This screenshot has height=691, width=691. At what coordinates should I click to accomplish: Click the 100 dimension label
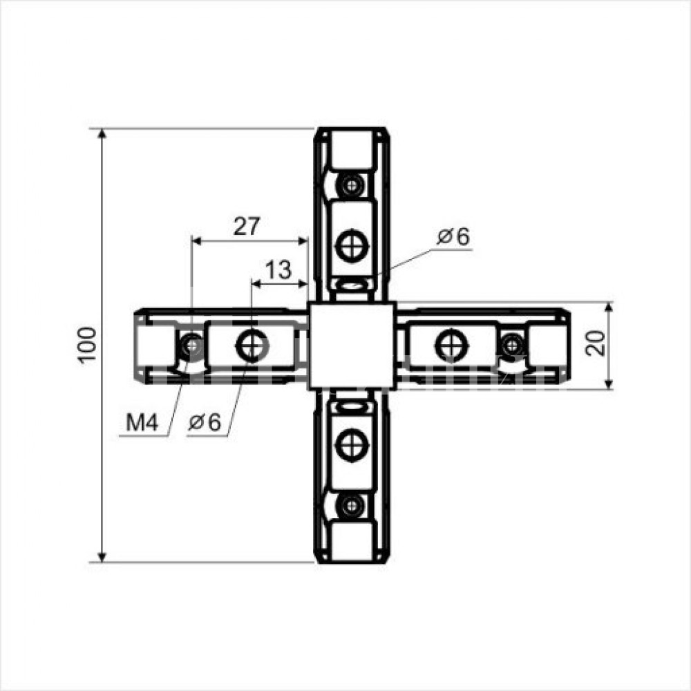click(x=87, y=345)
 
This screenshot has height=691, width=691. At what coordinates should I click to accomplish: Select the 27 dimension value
click(x=247, y=226)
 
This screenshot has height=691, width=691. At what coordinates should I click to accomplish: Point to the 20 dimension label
click(x=595, y=343)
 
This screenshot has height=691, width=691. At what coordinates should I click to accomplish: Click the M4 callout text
click(x=142, y=423)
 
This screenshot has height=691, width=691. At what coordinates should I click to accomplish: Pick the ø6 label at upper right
click(x=453, y=236)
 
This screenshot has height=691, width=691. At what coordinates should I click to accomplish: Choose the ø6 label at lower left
click(x=205, y=423)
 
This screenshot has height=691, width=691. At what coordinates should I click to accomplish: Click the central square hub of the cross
click(x=352, y=345)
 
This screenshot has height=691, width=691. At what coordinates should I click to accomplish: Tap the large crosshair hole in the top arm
click(x=352, y=245)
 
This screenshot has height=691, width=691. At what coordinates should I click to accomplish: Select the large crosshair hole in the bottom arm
click(x=352, y=445)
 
